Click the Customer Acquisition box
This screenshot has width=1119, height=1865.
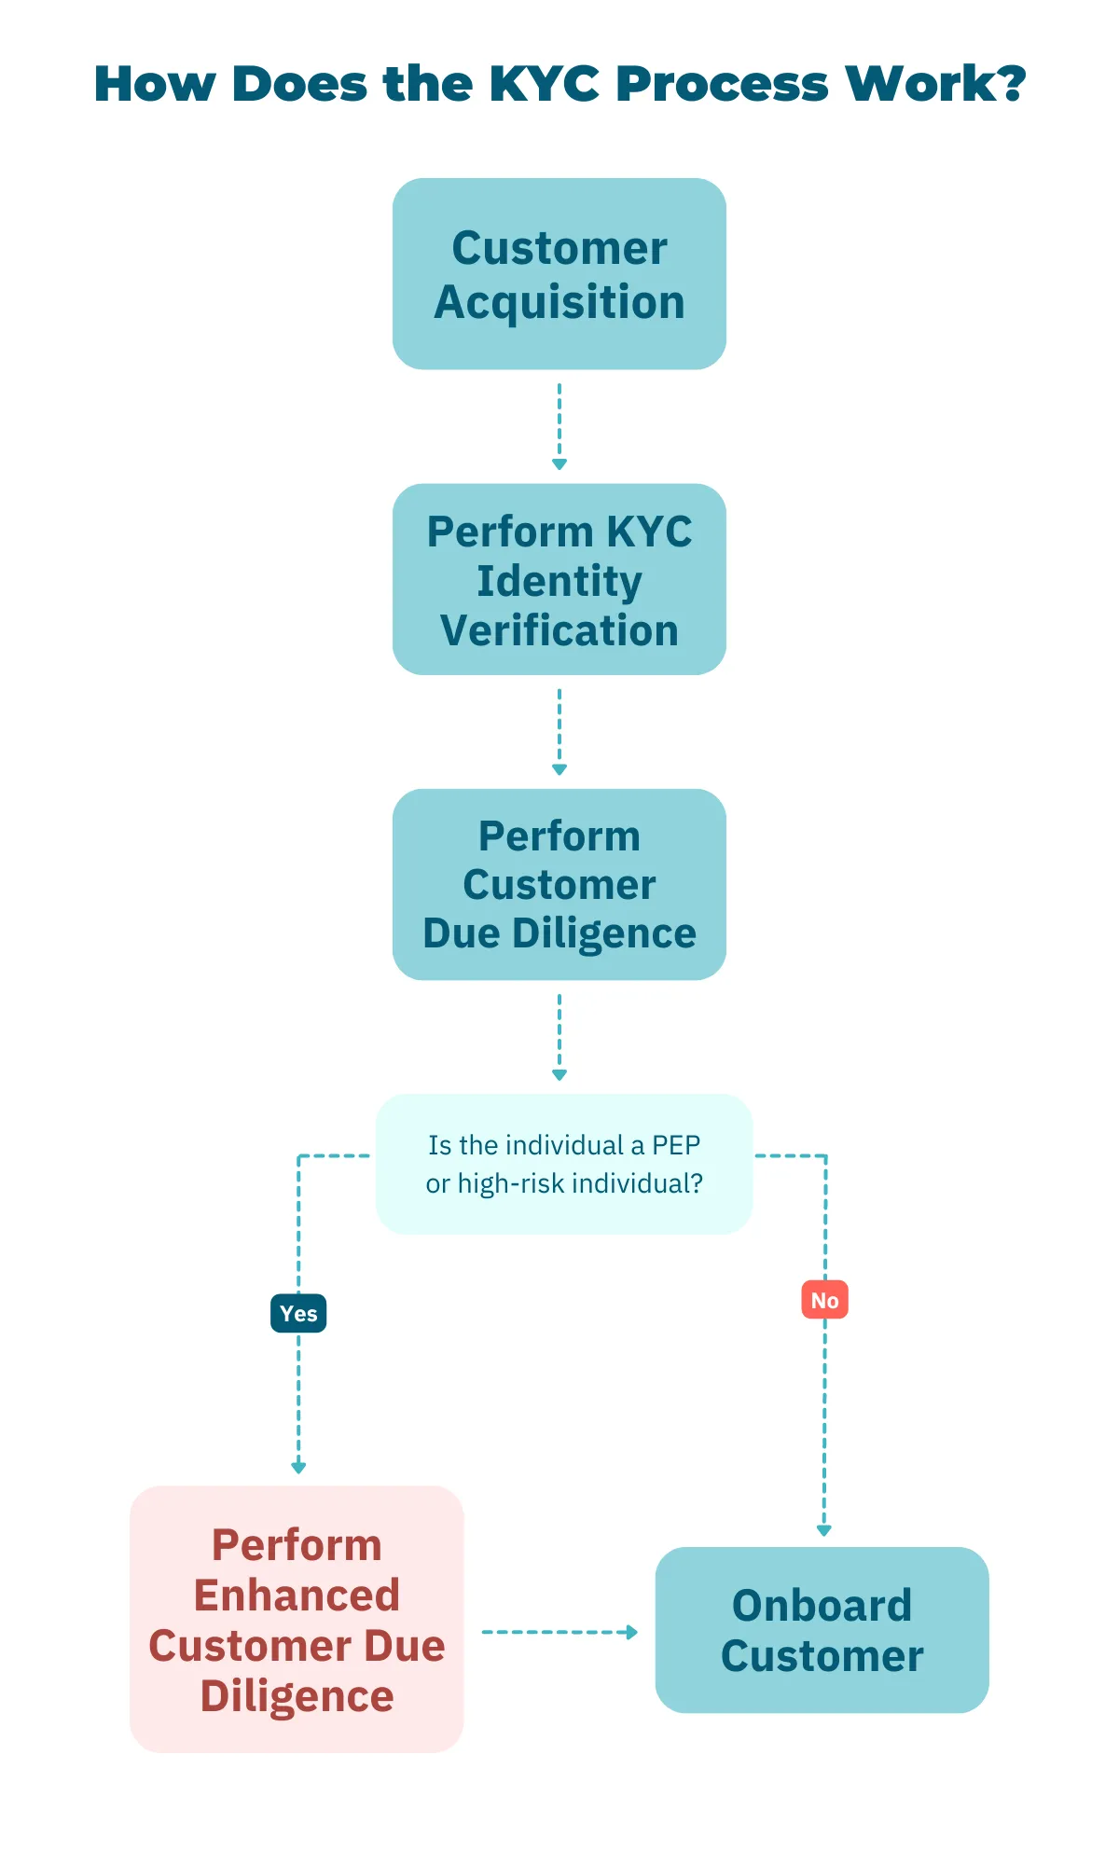[x=559, y=274]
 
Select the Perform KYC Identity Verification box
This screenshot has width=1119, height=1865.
[x=559, y=579]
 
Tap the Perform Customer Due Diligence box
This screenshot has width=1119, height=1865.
[x=559, y=884]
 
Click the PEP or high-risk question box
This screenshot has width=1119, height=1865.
[x=563, y=1164]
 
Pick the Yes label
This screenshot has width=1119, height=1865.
[x=298, y=1313]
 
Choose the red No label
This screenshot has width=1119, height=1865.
[x=824, y=1300]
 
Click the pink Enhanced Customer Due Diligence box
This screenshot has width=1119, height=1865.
[x=297, y=1619]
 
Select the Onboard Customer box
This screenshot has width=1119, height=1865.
[x=822, y=1630]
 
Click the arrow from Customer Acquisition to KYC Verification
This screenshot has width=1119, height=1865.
[x=559, y=425]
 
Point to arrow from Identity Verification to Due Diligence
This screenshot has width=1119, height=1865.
[x=559, y=731]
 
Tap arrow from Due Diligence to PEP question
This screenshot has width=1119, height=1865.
[x=559, y=1036]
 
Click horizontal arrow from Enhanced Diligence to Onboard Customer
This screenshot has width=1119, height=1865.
[x=559, y=1632]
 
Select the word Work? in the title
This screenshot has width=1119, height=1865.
[x=935, y=84]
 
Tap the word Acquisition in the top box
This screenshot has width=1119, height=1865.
[x=559, y=303]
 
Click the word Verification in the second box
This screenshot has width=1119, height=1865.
[x=559, y=630]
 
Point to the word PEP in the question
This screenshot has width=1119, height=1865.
[x=675, y=1145]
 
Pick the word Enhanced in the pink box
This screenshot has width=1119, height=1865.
[x=297, y=1595]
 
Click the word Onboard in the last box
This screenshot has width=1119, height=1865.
[x=822, y=1606]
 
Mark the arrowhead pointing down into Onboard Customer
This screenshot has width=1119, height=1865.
[x=823, y=1530]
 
